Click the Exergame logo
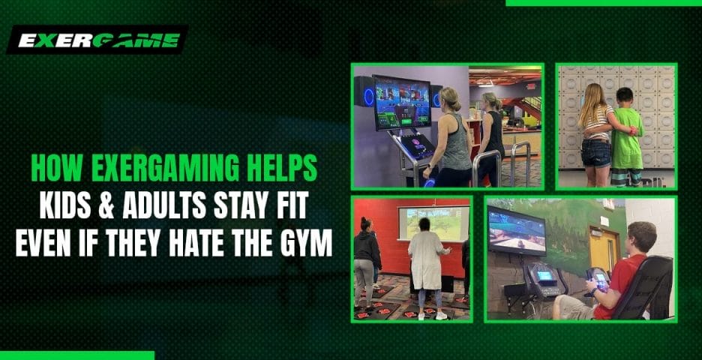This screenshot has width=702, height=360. click(x=97, y=40)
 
